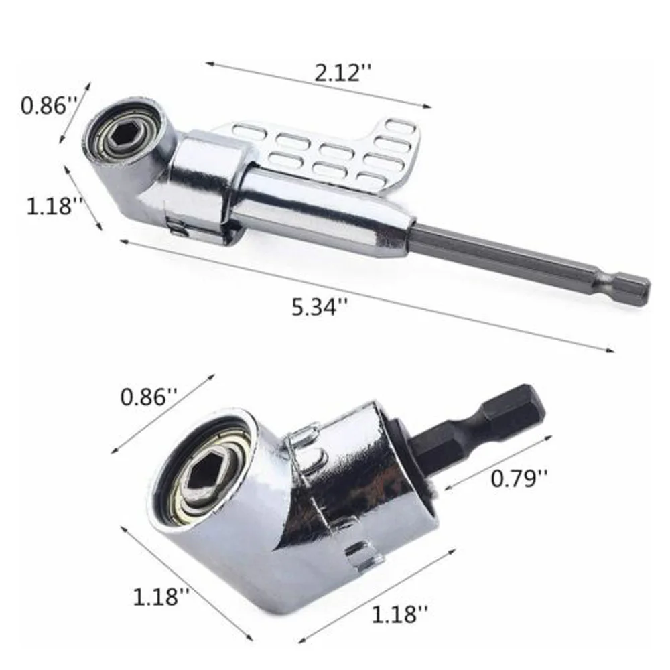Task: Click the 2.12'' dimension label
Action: [x=343, y=72]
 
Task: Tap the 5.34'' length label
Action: [x=320, y=307]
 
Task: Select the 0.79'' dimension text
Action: [x=519, y=478]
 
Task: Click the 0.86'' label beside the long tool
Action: [x=49, y=105]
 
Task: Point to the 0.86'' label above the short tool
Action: [x=149, y=397]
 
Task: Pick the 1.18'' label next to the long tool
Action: [x=55, y=206]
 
